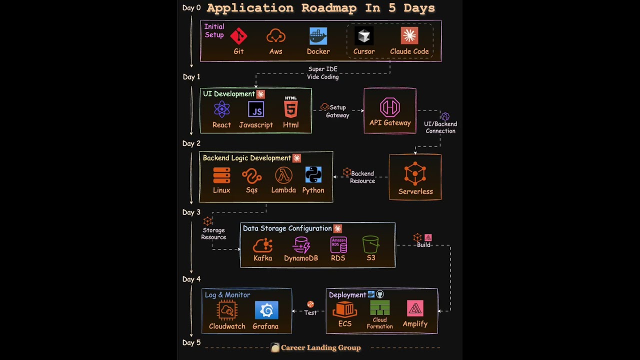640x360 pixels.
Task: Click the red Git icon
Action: (x=238, y=36)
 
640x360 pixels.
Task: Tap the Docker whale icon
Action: (x=318, y=36)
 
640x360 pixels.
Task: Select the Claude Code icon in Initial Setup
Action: (x=409, y=35)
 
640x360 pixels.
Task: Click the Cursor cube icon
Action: (x=363, y=35)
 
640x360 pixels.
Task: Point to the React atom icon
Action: (x=221, y=109)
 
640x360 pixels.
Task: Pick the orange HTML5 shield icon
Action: (x=290, y=108)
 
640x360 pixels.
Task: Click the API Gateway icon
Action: (x=389, y=107)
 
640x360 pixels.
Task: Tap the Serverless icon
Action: (x=415, y=174)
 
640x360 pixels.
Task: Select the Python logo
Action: (x=313, y=174)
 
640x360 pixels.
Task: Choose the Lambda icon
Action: (x=283, y=175)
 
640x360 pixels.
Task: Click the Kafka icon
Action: (x=262, y=245)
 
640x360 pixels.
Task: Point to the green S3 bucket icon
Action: (x=370, y=244)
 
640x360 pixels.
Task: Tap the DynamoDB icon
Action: (x=301, y=245)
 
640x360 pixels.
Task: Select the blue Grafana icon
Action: (x=266, y=310)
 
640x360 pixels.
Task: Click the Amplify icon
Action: (x=415, y=309)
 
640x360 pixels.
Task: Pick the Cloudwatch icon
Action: (x=227, y=310)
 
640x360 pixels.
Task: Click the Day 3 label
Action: (x=191, y=212)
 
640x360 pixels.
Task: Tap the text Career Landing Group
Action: (x=320, y=348)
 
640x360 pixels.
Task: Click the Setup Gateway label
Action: (x=337, y=111)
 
